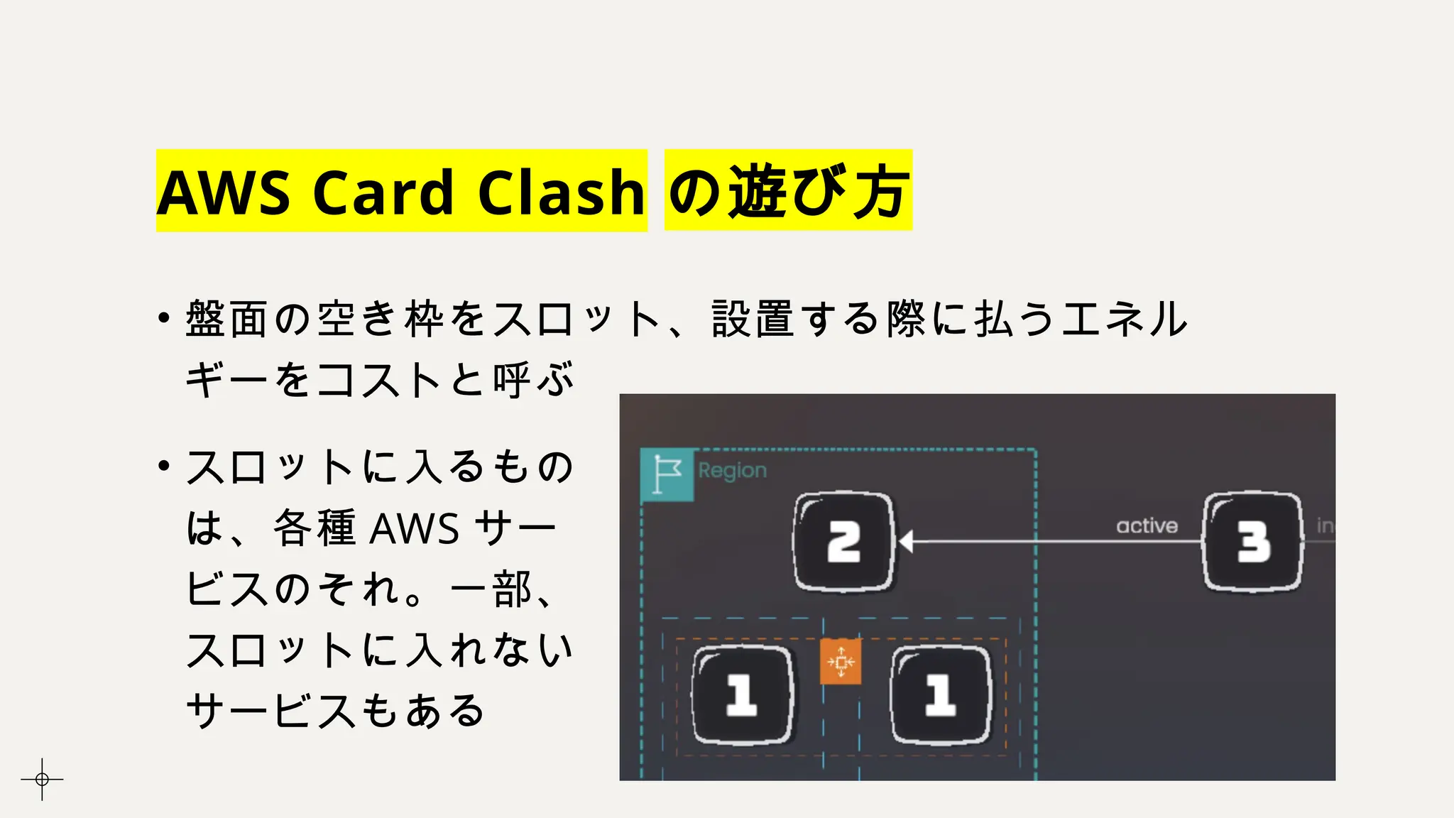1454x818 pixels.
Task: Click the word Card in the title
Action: [x=383, y=192]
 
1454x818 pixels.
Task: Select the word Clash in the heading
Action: [x=561, y=192]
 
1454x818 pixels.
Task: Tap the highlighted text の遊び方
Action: [x=788, y=190]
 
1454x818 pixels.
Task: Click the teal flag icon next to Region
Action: [x=667, y=474]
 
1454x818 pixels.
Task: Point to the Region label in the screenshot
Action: [x=732, y=470]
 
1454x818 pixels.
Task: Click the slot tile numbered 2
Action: [x=843, y=542]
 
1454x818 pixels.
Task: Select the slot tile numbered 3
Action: [x=1253, y=542]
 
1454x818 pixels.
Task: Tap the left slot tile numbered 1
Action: [x=742, y=694]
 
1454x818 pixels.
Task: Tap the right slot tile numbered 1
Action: [x=941, y=694]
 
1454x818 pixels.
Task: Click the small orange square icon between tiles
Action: [x=841, y=662]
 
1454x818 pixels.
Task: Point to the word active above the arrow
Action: [x=1147, y=525]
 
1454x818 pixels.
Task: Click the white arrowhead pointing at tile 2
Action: [x=906, y=542]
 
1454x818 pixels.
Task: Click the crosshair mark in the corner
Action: [x=42, y=779]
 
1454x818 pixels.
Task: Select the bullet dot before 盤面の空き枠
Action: [x=164, y=317]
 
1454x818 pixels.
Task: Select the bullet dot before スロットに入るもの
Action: [x=164, y=466]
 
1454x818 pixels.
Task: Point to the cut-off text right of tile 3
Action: [x=1325, y=525]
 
